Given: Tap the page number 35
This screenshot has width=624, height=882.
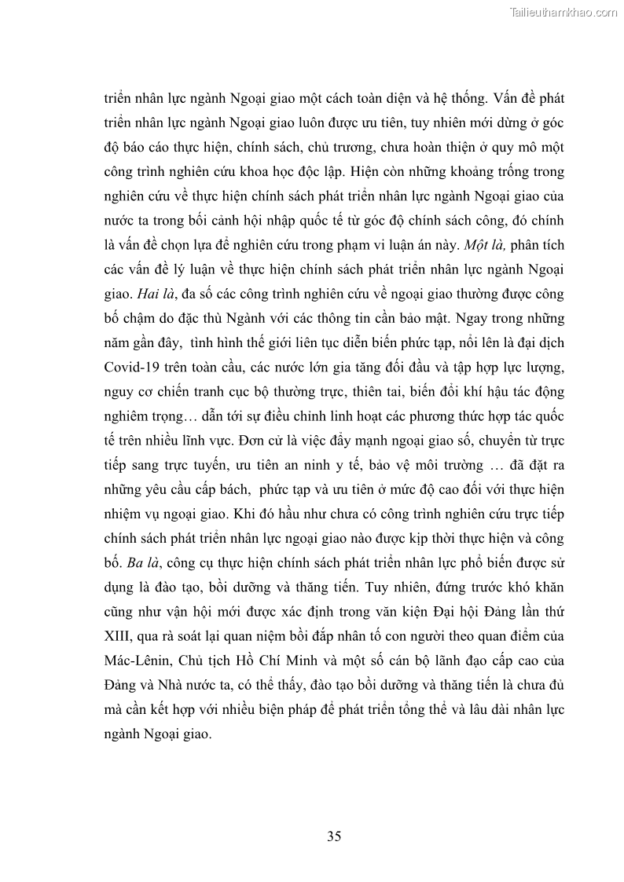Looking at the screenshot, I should [333, 836].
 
